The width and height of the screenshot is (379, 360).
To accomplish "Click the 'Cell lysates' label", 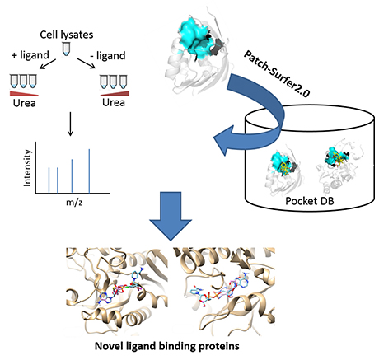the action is [67, 35].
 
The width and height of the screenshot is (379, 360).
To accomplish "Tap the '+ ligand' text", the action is [30, 55].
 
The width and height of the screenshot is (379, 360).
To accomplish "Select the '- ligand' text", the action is [108, 55].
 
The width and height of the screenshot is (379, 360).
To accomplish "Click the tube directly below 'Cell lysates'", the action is [66, 49].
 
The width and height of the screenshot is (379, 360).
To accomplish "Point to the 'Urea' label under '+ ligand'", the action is [24, 103].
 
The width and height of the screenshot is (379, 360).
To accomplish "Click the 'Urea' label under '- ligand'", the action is [114, 102].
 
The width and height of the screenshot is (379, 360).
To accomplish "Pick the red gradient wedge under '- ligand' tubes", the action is [115, 94].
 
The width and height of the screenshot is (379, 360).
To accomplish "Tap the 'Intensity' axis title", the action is [27, 168].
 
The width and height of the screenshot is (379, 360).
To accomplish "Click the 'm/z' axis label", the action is [74, 203].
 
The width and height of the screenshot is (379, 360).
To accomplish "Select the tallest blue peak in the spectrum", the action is [89, 171].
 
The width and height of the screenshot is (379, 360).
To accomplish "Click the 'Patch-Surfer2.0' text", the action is [277, 73].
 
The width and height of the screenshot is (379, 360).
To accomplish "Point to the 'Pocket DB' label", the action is [310, 201].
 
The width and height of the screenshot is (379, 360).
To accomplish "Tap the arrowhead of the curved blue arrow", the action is [224, 140].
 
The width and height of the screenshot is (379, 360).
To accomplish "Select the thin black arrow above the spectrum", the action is [71, 124].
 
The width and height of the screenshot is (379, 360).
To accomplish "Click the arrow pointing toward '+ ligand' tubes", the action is [48, 64].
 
